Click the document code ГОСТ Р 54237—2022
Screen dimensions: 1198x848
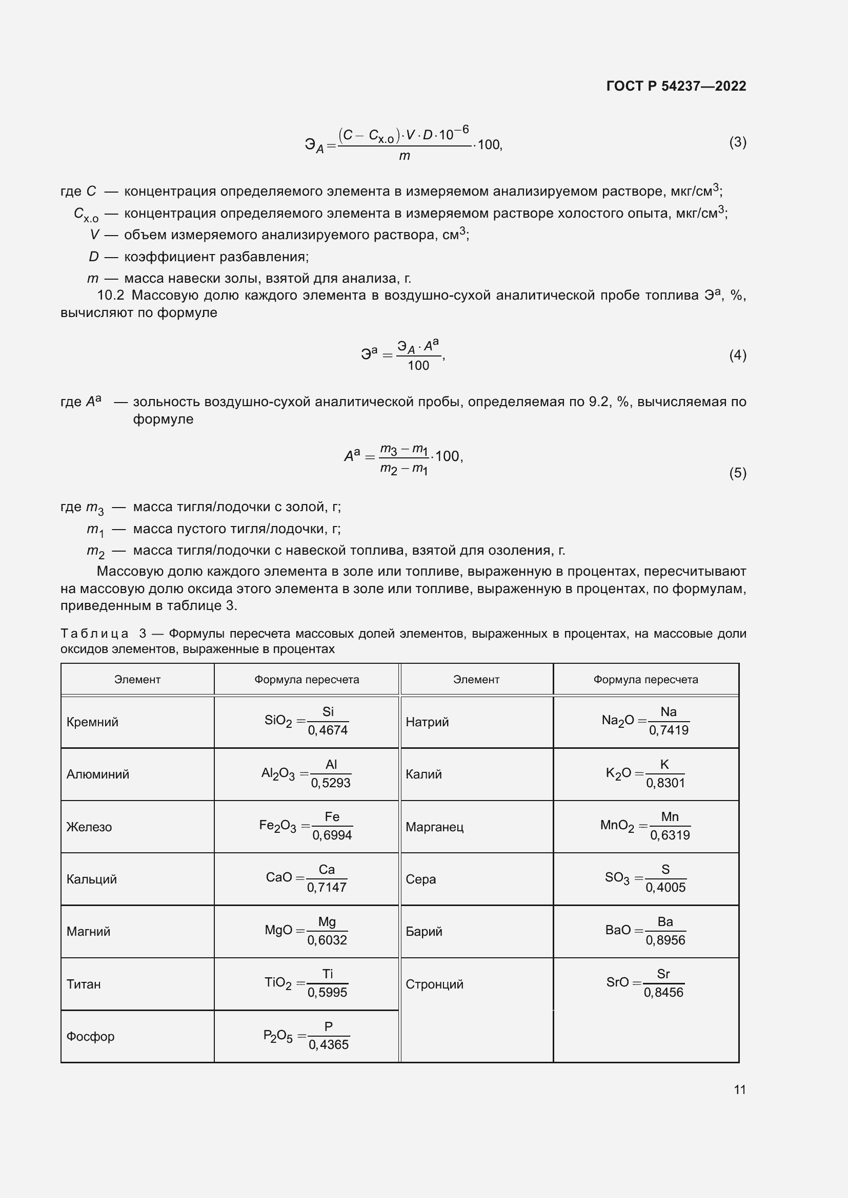coord(676,86)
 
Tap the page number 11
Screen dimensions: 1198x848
coord(739,1089)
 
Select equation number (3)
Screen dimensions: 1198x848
coord(737,142)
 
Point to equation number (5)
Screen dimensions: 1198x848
coord(737,473)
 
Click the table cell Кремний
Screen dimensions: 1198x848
coord(92,722)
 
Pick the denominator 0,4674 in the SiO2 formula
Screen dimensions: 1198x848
coord(328,730)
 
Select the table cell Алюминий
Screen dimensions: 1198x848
coord(97,774)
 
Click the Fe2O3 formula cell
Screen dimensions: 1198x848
coord(306,827)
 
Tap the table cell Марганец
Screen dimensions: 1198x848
coord(434,827)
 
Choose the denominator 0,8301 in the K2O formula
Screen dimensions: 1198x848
coord(665,783)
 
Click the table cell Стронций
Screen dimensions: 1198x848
coord(434,984)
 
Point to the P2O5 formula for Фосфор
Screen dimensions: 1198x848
coord(306,1036)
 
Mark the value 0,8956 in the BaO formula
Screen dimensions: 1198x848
coord(665,940)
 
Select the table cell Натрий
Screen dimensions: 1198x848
coord(427,722)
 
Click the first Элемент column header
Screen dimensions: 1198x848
coord(137,679)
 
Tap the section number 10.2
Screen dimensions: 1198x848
coord(111,296)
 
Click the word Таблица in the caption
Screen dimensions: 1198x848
coord(94,634)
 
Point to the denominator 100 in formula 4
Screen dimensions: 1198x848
coord(418,366)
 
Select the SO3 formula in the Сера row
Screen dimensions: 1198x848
coord(645,879)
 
